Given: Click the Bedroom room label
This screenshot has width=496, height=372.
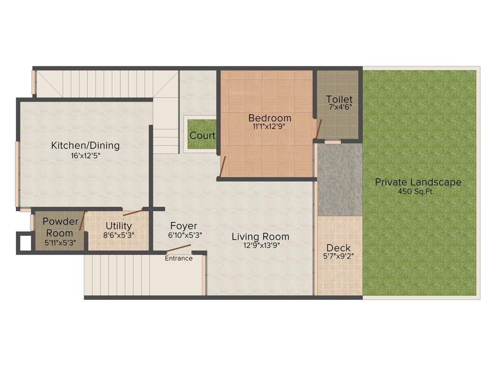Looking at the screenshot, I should point(270,118).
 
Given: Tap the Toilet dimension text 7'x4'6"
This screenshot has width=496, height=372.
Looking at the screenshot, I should point(339,108).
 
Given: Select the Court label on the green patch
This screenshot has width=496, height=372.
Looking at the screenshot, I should point(202,136).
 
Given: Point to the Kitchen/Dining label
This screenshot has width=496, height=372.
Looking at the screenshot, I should point(85,145).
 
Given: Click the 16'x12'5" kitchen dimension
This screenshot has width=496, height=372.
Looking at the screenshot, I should point(85,156).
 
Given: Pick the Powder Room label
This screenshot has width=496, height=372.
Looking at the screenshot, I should point(60,227).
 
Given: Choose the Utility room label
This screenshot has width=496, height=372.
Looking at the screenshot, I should point(119,226).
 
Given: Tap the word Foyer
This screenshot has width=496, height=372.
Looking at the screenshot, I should point(184,226).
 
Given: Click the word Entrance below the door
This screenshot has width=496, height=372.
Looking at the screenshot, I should point(179,258).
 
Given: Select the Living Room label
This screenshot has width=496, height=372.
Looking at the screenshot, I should point(260,236).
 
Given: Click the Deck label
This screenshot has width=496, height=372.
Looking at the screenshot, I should point(339,248).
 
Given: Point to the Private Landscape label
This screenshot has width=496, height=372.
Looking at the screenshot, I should point(418,182).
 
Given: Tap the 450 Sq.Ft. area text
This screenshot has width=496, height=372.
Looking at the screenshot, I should point(418,191).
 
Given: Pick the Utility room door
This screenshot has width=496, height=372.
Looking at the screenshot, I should point(133,212).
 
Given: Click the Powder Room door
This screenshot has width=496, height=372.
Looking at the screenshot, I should point(82,221).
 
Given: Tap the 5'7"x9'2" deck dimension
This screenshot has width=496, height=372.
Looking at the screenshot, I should point(339,257).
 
